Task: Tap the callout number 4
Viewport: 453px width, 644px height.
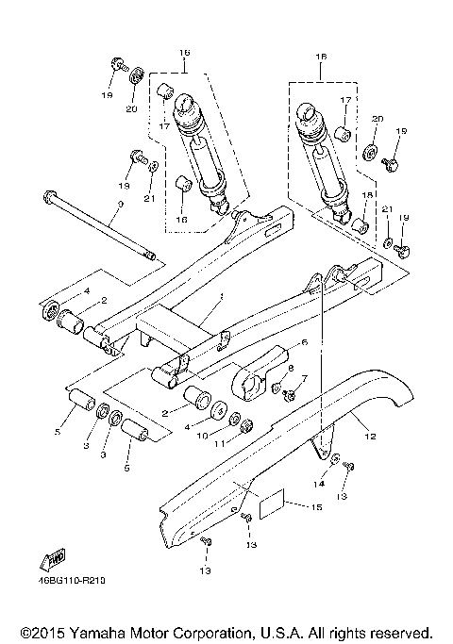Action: (85, 292)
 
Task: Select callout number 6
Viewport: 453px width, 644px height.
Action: (305, 342)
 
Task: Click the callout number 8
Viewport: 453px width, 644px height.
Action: (291, 369)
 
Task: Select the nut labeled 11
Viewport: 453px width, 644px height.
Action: (247, 428)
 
